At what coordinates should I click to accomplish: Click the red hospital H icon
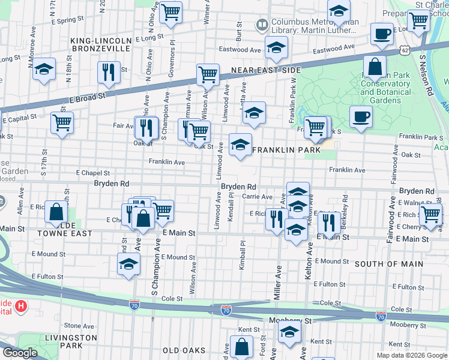point(21,307)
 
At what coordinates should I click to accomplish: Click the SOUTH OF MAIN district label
point(388,264)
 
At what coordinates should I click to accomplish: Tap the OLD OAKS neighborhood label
point(184,350)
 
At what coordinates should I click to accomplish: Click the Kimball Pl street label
point(243,255)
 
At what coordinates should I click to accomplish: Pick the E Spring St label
point(67,20)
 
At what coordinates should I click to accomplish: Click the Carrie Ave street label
point(258,196)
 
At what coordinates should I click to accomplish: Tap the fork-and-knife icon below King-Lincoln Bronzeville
point(109,72)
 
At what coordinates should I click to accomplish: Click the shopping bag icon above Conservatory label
point(375,67)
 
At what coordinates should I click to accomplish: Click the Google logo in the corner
point(20,353)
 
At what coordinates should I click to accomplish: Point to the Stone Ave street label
point(76,326)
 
